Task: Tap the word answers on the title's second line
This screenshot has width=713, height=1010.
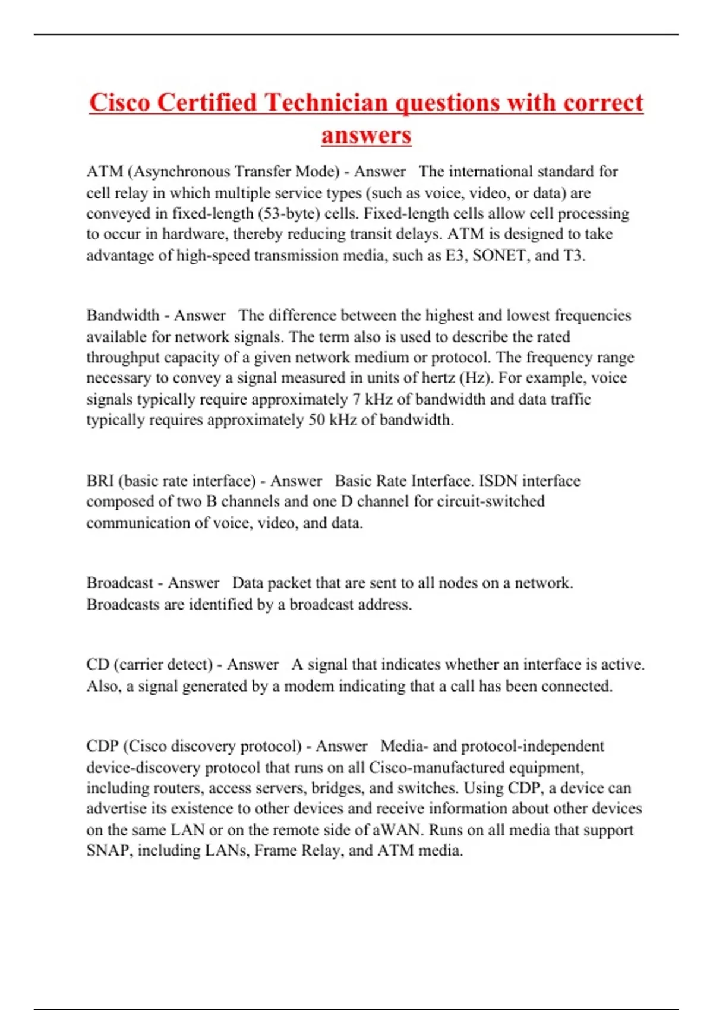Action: click(366, 135)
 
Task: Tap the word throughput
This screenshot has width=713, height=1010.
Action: click(122, 358)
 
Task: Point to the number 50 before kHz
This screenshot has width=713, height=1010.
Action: click(316, 420)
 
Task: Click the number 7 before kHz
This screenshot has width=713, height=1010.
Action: click(356, 399)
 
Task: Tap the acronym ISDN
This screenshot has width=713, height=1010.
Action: click(498, 481)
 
